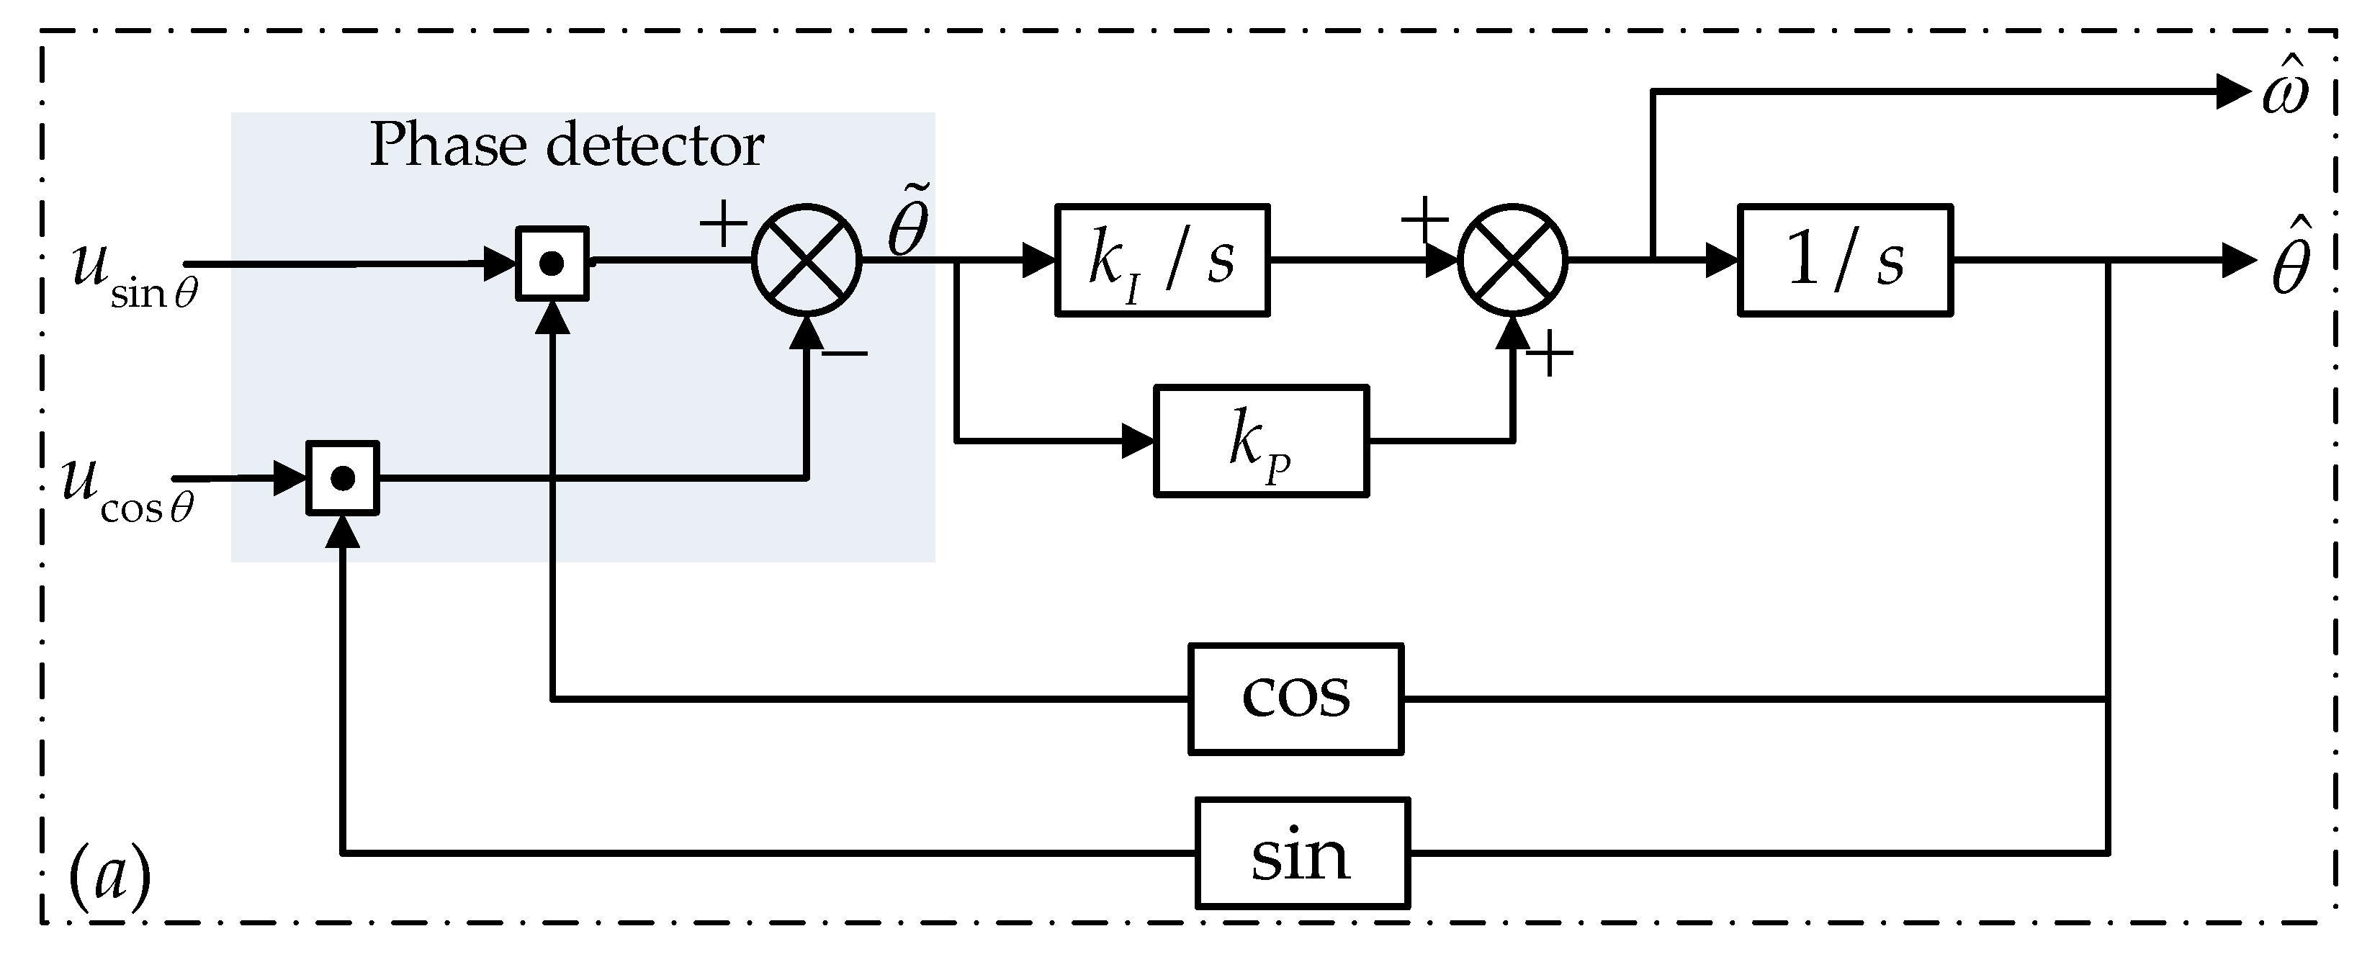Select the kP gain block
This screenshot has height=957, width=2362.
tap(1261, 441)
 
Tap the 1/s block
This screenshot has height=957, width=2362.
tap(1845, 261)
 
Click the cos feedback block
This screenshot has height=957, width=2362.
tap(1295, 698)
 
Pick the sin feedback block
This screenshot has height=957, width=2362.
tap(1302, 853)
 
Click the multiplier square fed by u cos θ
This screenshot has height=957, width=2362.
tap(342, 478)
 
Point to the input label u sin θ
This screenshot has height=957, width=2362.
tap(134, 274)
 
